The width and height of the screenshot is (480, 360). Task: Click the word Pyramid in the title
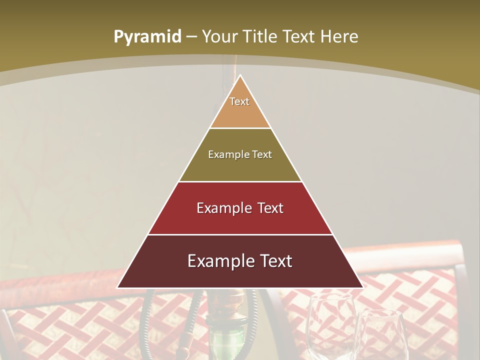[x=147, y=37]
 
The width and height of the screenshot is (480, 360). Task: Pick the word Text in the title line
[x=299, y=37]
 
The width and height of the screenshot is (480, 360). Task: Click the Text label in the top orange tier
[x=239, y=101]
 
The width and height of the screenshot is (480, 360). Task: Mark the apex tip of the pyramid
[x=240, y=75]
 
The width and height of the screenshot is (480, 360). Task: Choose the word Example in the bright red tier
[x=222, y=208]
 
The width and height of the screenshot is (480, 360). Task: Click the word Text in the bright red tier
[x=270, y=208]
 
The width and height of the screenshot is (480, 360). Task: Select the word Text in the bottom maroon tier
[x=276, y=261]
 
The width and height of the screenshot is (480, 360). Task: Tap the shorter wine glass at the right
[x=382, y=335]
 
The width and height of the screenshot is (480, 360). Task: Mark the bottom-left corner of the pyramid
[x=117, y=288]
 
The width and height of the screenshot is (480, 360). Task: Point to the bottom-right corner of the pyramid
[x=363, y=288]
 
